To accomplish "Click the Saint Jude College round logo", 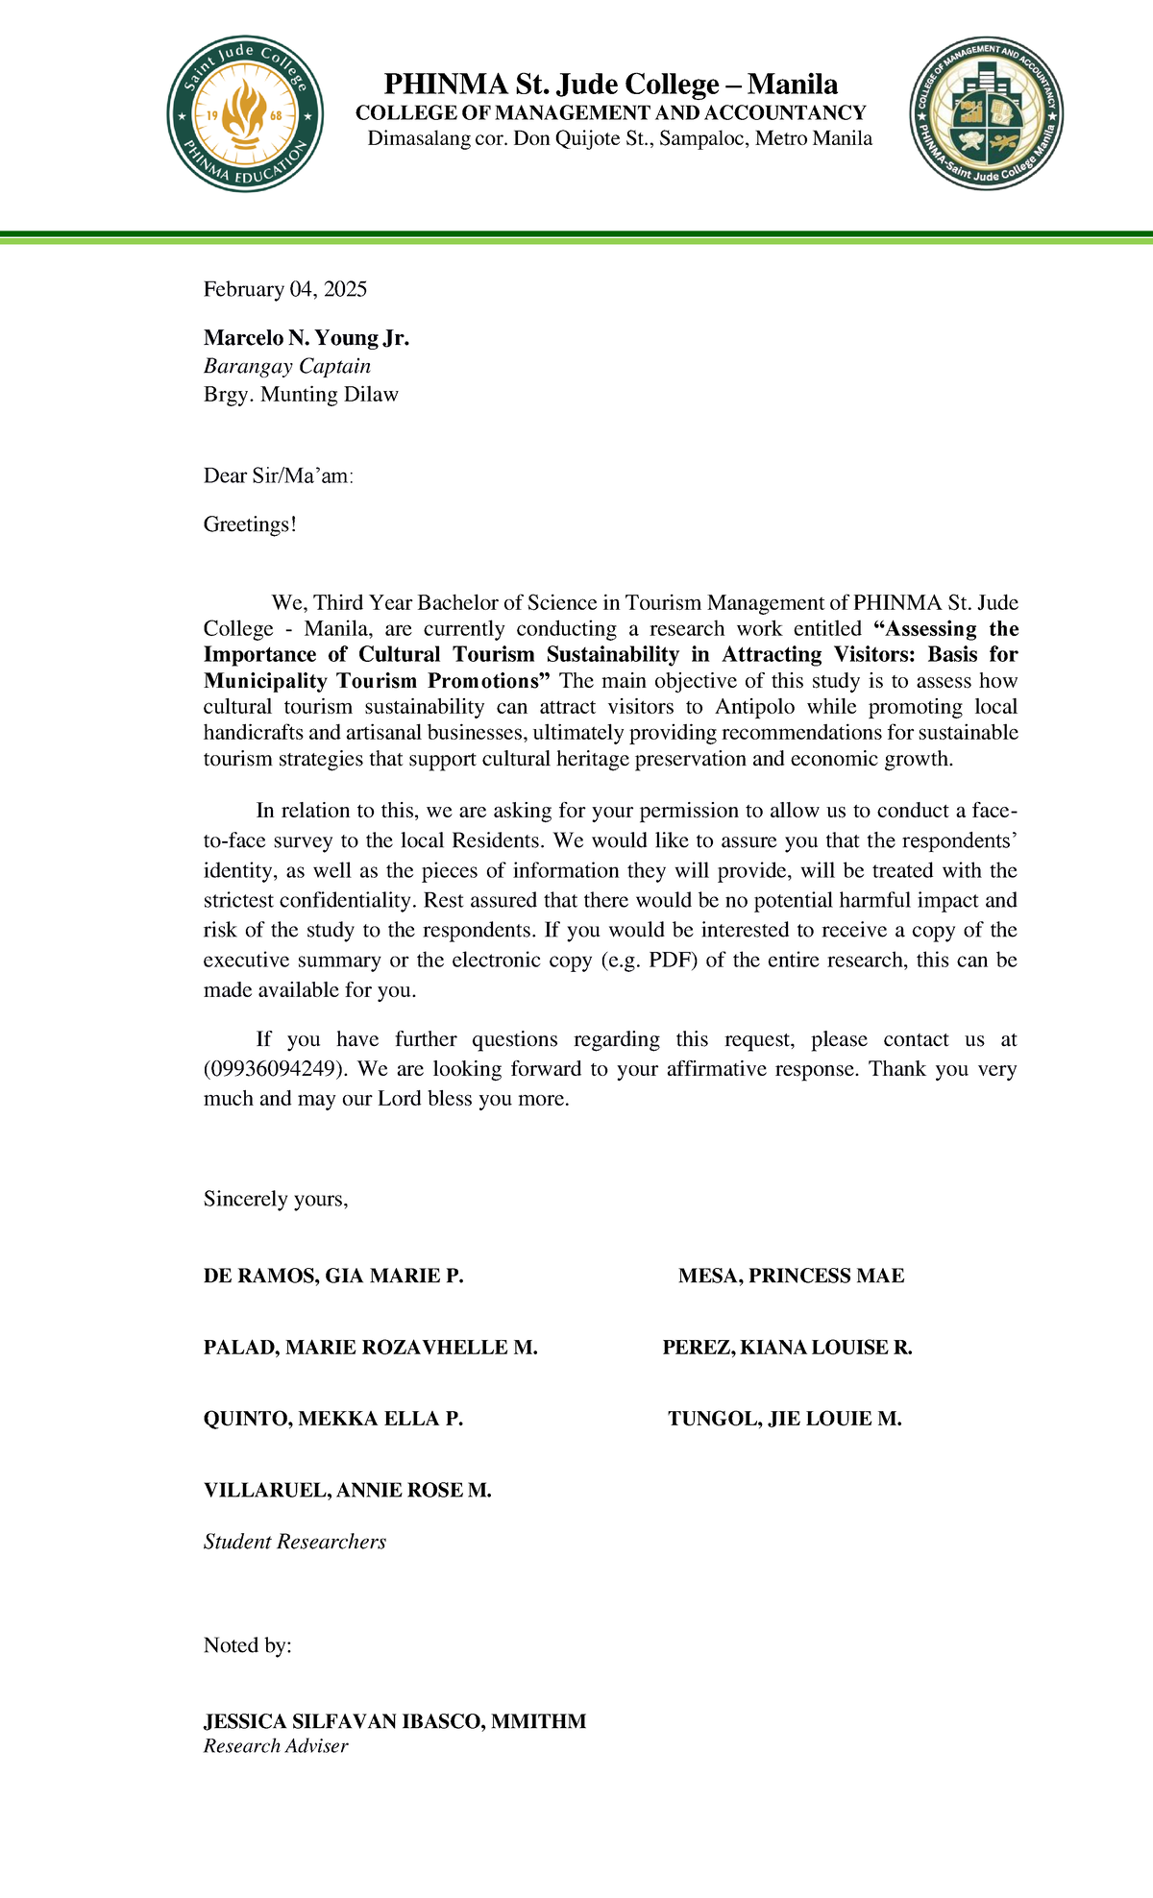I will (x=244, y=114).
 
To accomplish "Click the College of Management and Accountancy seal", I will (x=986, y=114).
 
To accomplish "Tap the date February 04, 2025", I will (x=285, y=289).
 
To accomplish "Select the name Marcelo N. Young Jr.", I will (x=307, y=338).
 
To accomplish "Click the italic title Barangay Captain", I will (x=287, y=366).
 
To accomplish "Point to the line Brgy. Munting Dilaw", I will (x=301, y=394).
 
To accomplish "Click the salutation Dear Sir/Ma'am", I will (x=279, y=475).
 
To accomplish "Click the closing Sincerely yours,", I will (x=276, y=1199).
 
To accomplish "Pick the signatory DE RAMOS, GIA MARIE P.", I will (x=333, y=1277).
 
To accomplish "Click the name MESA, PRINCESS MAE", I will (x=791, y=1277).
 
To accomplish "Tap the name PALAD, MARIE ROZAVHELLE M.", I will (x=370, y=1348).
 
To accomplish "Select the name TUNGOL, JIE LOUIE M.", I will (x=785, y=1419).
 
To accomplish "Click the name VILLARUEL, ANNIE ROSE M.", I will (x=348, y=1491).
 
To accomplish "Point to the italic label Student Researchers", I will (x=295, y=1542).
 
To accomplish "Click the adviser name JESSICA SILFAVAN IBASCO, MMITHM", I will (x=395, y=1721).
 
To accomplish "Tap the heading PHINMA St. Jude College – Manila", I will (x=611, y=85).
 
